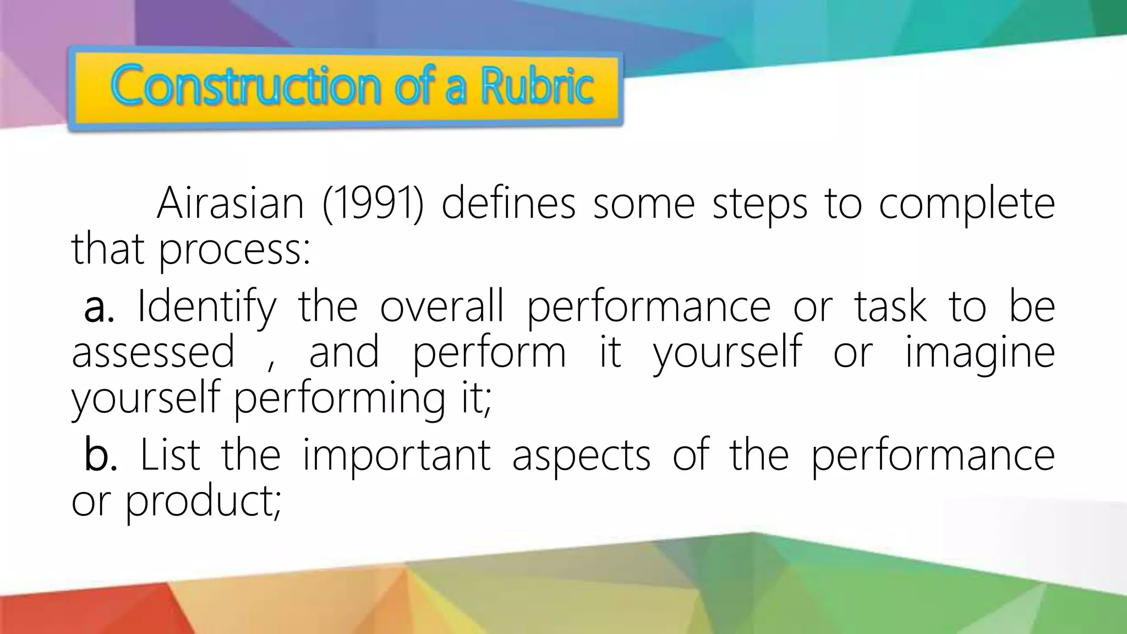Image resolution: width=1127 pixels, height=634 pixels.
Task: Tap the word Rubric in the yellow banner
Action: (x=538, y=85)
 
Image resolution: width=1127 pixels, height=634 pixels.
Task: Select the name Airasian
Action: (x=230, y=204)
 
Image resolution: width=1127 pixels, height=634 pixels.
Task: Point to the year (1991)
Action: (x=373, y=204)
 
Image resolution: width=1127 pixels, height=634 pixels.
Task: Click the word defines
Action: (x=508, y=204)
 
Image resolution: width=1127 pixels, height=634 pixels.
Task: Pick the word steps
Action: (x=759, y=204)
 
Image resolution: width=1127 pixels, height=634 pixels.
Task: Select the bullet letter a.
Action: (x=99, y=307)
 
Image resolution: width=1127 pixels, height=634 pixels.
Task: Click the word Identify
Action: (x=206, y=307)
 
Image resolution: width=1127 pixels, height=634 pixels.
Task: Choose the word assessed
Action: (x=153, y=352)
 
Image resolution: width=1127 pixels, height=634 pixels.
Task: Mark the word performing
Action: (x=340, y=399)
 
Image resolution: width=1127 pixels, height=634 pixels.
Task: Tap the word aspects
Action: (x=581, y=457)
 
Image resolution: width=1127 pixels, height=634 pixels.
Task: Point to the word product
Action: (x=203, y=502)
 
